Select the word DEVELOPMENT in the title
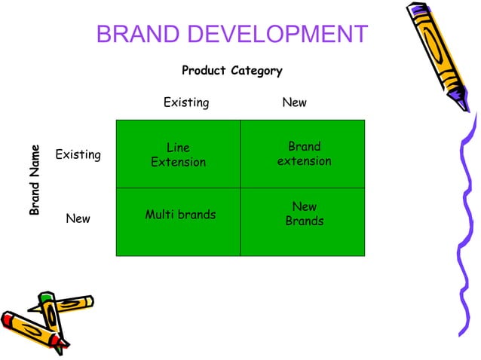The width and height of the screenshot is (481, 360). tap(279, 35)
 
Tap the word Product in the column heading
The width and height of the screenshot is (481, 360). tap(204, 71)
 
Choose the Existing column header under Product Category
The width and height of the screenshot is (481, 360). tap(186, 102)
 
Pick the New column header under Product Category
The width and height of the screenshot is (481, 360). tap(294, 102)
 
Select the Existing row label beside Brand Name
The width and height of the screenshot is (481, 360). tap(78, 155)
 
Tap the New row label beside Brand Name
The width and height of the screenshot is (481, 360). tap(78, 219)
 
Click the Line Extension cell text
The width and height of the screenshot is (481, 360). tap(178, 155)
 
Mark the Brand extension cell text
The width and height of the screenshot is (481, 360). tap(304, 154)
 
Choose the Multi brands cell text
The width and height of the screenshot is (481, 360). tap(180, 215)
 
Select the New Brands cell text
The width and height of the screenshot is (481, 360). tap(304, 214)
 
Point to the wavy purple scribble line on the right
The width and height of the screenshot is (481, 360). tap(461, 226)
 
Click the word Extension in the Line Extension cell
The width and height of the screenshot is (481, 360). tap(178, 163)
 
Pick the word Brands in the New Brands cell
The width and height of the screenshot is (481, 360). tap(304, 221)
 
